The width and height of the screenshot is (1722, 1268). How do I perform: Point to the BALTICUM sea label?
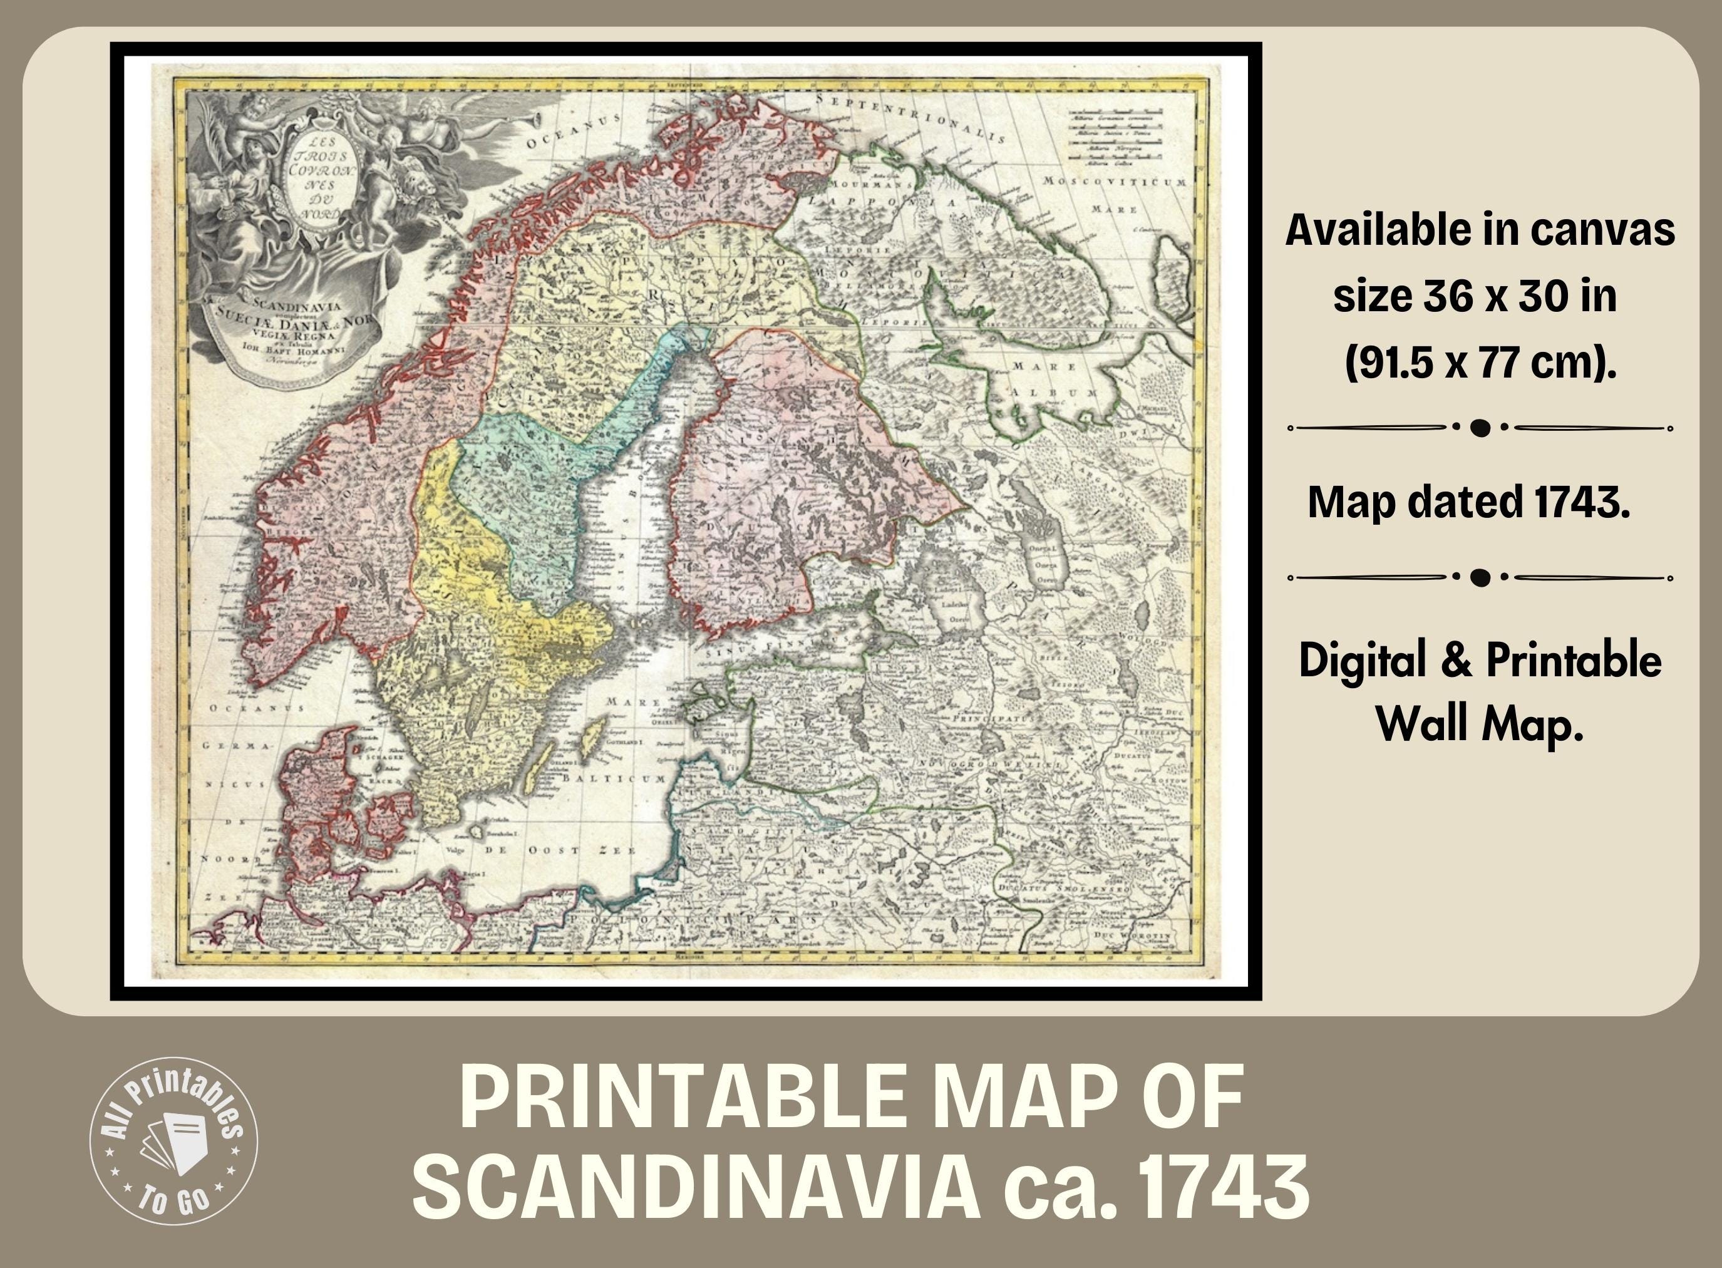(614, 778)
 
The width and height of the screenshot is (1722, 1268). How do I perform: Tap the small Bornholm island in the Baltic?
(476, 832)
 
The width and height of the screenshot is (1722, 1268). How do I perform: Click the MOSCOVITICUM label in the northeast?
(1113, 182)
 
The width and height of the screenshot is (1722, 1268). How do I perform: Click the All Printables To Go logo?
(174, 1141)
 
